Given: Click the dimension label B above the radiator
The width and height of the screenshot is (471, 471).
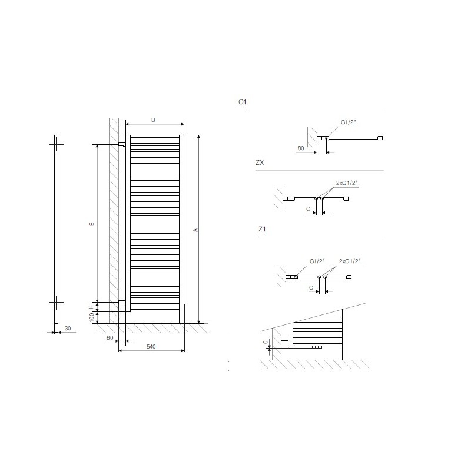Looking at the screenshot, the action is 153,120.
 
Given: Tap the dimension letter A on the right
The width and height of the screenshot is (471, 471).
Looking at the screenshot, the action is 196,230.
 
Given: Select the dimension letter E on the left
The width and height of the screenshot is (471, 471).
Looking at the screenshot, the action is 92,224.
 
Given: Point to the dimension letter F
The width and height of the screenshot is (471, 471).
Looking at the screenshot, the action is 91,307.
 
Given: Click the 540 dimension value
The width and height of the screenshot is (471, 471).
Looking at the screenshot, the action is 151,347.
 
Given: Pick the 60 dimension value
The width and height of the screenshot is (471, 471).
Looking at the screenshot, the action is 110,338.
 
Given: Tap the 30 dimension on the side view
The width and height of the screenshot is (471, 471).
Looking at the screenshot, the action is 68,329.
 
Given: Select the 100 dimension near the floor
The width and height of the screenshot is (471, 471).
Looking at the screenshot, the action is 92,317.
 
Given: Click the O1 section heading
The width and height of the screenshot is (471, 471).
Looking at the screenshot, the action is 242,102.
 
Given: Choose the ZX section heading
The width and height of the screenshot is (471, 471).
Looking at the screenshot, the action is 260,163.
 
